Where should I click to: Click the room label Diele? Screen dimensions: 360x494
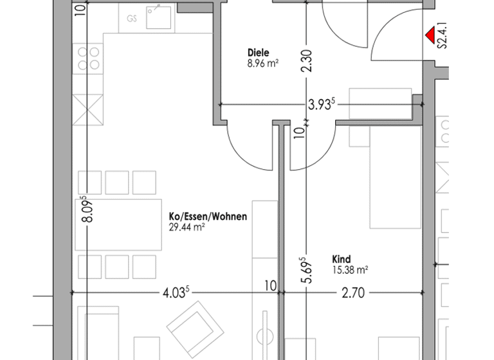[258, 53]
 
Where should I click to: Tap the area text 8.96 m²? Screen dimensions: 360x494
[262, 64]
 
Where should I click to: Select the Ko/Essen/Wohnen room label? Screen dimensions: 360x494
[208, 217]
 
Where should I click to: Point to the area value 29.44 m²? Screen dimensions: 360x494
[187, 228]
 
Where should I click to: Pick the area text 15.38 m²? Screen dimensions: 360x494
[350, 270]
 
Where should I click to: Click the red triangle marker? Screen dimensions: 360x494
[428, 35]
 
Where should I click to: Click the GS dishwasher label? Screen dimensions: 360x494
[132, 19]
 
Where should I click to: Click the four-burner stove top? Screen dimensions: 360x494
[89, 58]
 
